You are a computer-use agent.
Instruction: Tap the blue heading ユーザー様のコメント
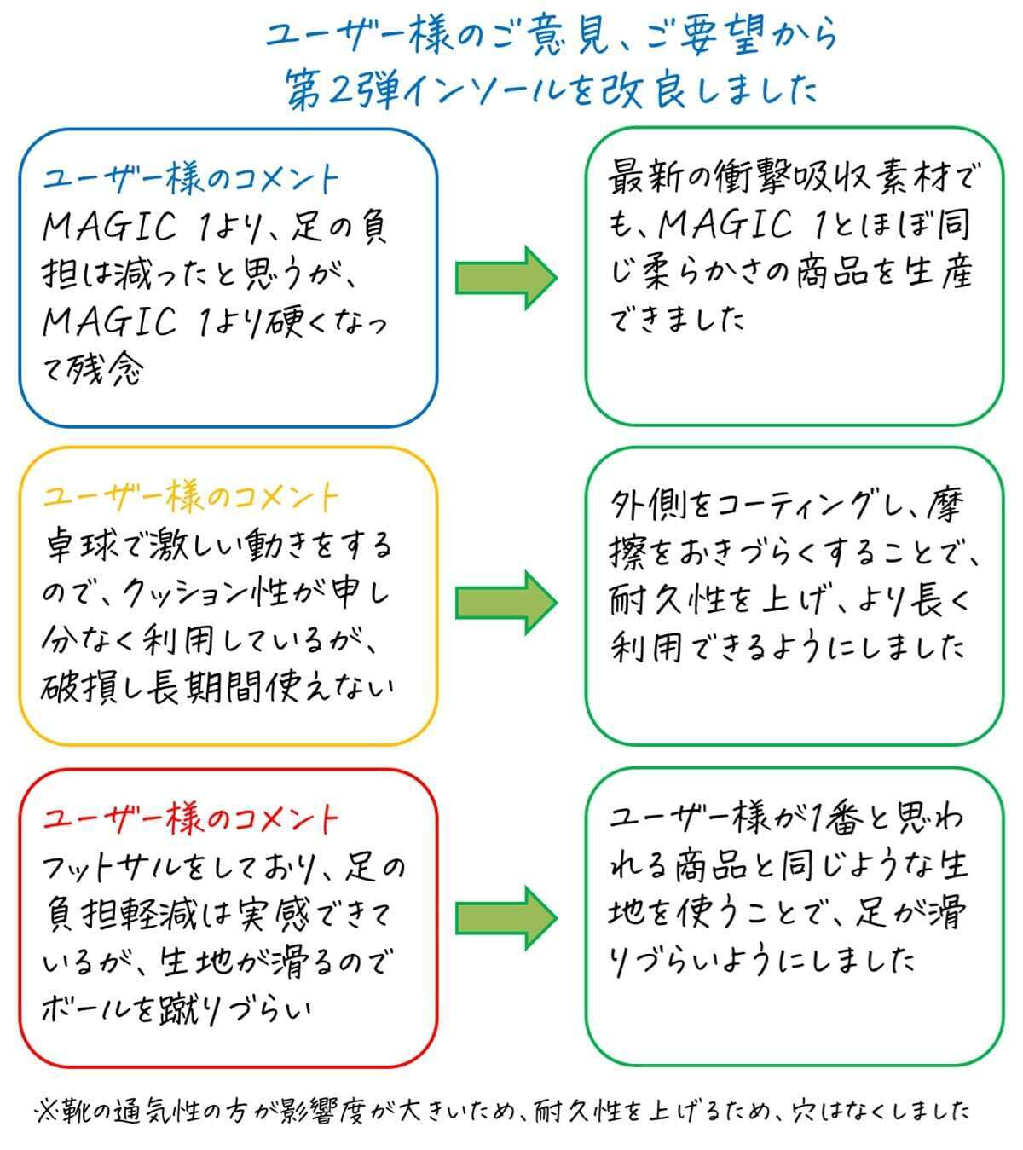(x=191, y=179)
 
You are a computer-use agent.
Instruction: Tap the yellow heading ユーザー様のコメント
(x=191, y=497)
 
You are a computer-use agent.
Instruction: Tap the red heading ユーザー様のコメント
(x=191, y=818)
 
